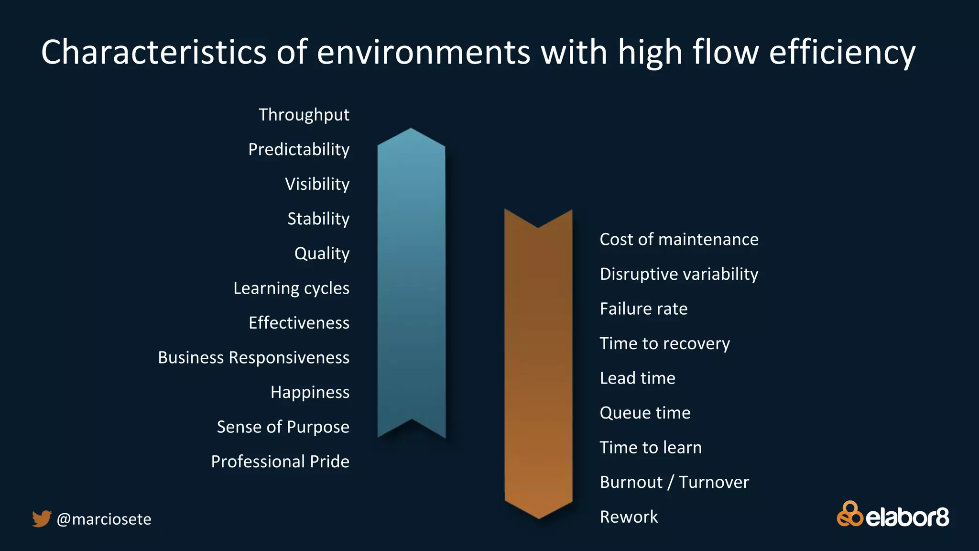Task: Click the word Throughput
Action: tap(304, 115)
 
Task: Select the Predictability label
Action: tap(299, 149)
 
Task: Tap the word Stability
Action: tap(318, 219)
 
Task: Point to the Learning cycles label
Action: tap(291, 288)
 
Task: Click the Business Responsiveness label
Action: tap(253, 357)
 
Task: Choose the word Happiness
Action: tap(310, 392)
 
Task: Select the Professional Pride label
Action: tap(280, 462)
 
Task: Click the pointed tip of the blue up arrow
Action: tap(411, 130)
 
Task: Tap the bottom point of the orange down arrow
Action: tap(539, 517)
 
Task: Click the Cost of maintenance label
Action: tap(679, 239)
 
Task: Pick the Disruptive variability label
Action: tap(679, 274)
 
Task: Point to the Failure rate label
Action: tap(643, 309)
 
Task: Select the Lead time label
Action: tap(637, 378)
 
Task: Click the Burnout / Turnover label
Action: tap(674, 482)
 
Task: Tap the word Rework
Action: tap(629, 517)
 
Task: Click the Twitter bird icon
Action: tap(42, 518)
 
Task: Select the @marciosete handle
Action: tap(104, 519)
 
